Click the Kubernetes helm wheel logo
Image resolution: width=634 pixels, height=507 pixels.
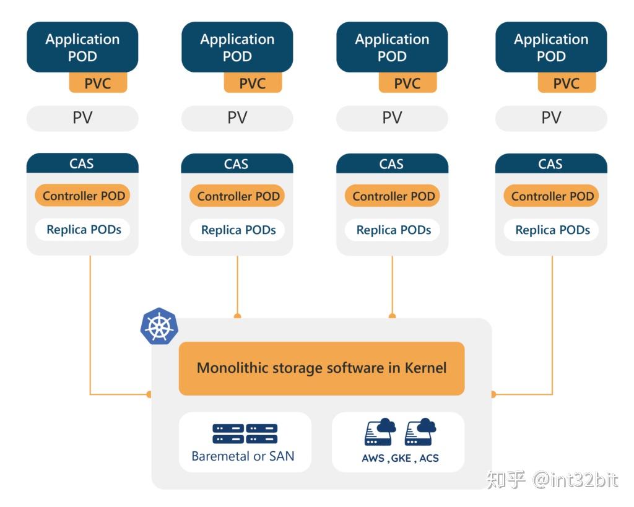159,326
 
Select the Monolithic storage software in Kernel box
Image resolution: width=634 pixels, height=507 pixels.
321,368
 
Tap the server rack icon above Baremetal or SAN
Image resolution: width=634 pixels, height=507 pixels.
245,433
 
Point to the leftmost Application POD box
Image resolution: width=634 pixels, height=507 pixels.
82,47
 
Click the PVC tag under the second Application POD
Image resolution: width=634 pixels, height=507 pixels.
253,83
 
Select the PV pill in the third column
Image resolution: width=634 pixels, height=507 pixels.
392,118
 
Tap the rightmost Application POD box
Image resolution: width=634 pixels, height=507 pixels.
551,47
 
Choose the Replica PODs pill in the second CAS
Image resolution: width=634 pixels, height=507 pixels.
238,230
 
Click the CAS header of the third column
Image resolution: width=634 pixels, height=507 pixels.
391,164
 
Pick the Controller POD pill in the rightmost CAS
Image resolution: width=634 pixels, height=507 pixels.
552,196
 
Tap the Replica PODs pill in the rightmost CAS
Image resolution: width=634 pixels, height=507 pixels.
552,230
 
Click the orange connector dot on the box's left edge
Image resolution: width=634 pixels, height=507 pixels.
149,394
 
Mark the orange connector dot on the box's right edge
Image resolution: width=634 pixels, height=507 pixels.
493,394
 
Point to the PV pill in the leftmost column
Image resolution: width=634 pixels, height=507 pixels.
82,118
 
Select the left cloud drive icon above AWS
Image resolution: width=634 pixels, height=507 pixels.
380,432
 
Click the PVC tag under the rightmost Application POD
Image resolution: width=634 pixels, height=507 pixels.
567,83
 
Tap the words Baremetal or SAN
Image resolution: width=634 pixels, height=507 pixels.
243,457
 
